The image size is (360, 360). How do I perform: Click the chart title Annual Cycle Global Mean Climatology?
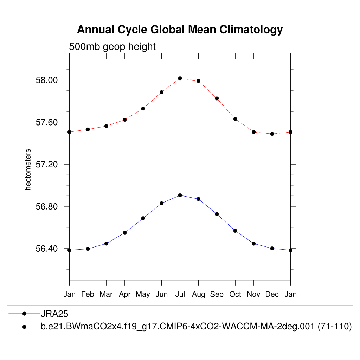coord(180,30)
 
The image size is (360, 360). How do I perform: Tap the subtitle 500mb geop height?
coord(112,46)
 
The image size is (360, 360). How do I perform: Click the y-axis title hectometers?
coord(28,169)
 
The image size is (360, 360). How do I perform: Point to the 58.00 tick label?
coord(46,80)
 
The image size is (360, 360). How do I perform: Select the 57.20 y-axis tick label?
coord(46,165)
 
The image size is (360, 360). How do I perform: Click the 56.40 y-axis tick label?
coord(46,249)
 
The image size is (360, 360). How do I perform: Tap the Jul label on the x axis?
coord(180,294)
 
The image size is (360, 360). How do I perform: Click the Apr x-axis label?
coord(124,294)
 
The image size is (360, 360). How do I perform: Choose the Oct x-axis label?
coord(235,294)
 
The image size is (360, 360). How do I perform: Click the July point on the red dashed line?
coord(180,78)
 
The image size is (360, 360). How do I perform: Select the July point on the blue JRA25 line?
coord(180,195)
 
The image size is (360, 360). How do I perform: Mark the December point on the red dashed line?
coord(272,134)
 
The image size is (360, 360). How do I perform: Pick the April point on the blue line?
coord(125,233)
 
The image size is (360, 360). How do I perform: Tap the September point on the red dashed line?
coord(217,98)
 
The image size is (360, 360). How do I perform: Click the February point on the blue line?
coord(88,249)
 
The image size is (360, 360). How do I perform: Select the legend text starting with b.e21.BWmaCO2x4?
coord(196,327)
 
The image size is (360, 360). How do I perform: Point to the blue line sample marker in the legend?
coord(24,314)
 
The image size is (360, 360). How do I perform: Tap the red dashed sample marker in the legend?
coord(24,327)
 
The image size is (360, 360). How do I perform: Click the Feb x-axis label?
coord(88,294)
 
